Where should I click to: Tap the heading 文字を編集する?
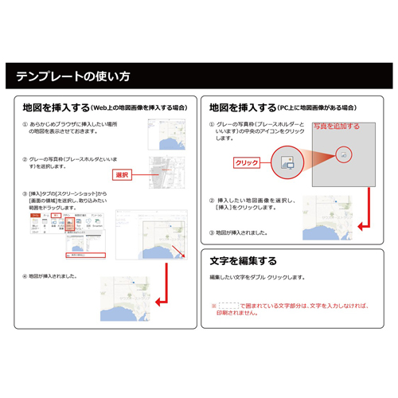(243, 260)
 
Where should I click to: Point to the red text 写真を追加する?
(335, 126)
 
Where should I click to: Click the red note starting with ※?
(290, 308)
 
